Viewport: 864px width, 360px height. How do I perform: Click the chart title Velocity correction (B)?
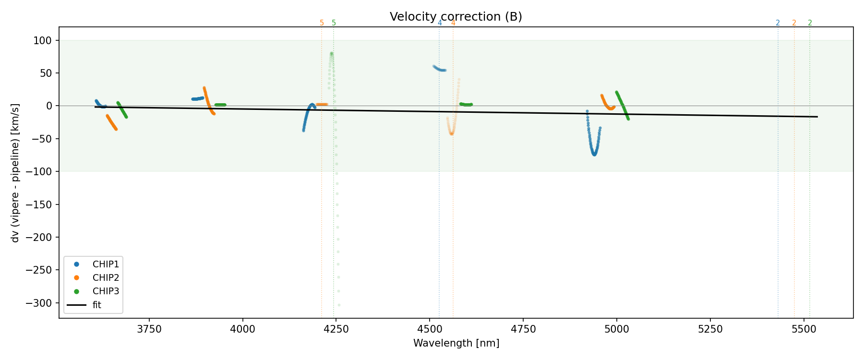point(456,17)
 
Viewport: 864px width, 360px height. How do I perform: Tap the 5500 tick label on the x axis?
point(804,329)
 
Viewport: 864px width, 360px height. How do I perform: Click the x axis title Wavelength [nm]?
point(456,343)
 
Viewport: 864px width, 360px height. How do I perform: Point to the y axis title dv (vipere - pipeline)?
point(15,173)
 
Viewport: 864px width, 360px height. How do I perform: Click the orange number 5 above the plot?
point(322,23)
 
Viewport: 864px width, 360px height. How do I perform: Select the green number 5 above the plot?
point(334,23)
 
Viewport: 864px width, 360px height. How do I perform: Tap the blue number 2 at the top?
point(778,23)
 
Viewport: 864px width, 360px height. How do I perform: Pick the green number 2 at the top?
point(810,23)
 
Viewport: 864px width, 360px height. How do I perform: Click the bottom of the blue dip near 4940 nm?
point(594,155)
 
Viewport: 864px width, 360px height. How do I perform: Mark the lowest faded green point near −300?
point(339,305)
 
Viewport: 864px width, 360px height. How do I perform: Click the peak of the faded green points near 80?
point(331,53)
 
